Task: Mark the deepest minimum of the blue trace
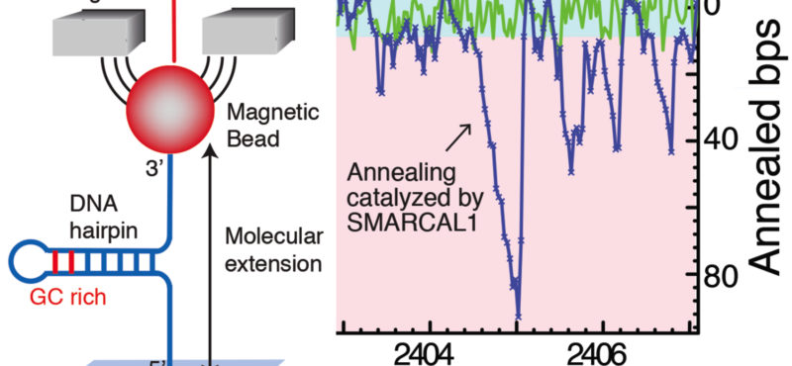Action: [517, 315]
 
